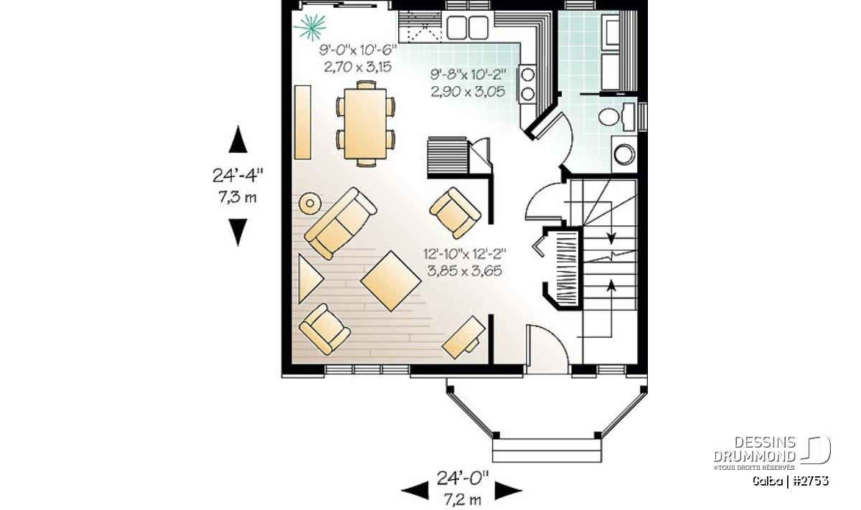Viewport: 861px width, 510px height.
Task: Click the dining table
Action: pyautogui.click(x=365, y=123)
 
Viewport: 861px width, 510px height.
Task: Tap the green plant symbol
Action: pyautogui.click(x=310, y=27)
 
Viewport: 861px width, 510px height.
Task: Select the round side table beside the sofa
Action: pyautogui.click(x=310, y=203)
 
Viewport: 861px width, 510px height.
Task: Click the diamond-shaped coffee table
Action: pyautogui.click(x=391, y=280)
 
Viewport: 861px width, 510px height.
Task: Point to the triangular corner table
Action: pyautogui.click(x=309, y=278)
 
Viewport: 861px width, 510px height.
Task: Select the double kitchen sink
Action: pyautogui.click(x=467, y=27)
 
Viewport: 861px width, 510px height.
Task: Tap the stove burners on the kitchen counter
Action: pyautogui.click(x=528, y=84)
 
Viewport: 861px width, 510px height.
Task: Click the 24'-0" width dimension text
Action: pyautogui.click(x=462, y=478)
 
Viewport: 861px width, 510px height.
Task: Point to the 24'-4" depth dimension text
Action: pyautogui.click(x=237, y=175)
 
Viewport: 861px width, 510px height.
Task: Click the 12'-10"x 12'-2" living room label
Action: pyautogui.click(x=465, y=254)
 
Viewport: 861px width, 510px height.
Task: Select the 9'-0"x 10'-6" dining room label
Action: pyautogui.click(x=357, y=50)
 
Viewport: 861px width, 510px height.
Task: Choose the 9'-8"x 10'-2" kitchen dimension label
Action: pyautogui.click(x=468, y=74)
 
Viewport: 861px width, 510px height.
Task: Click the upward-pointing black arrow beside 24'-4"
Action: pyautogui.click(x=238, y=139)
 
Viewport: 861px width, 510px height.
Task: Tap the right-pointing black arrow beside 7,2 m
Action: pyautogui.click(x=508, y=491)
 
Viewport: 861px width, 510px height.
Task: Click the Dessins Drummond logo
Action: pyautogui.click(x=772, y=453)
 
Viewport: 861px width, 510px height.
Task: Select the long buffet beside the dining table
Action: pyautogui.click(x=303, y=122)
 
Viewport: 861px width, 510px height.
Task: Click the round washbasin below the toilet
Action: pyautogui.click(x=624, y=154)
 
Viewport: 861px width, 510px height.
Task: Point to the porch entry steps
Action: pyautogui.click(x=547, y=450)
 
